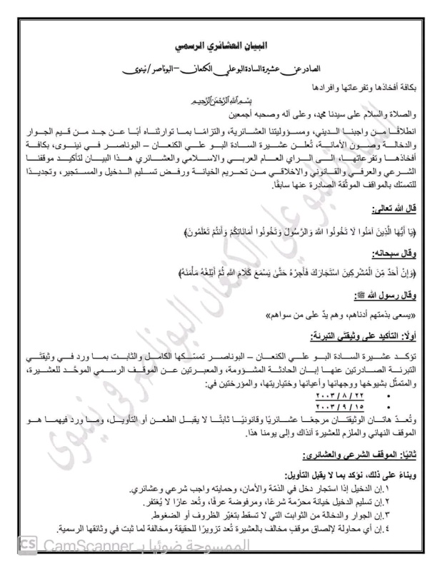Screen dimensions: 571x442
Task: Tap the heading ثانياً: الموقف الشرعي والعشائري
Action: tap(361, 454)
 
